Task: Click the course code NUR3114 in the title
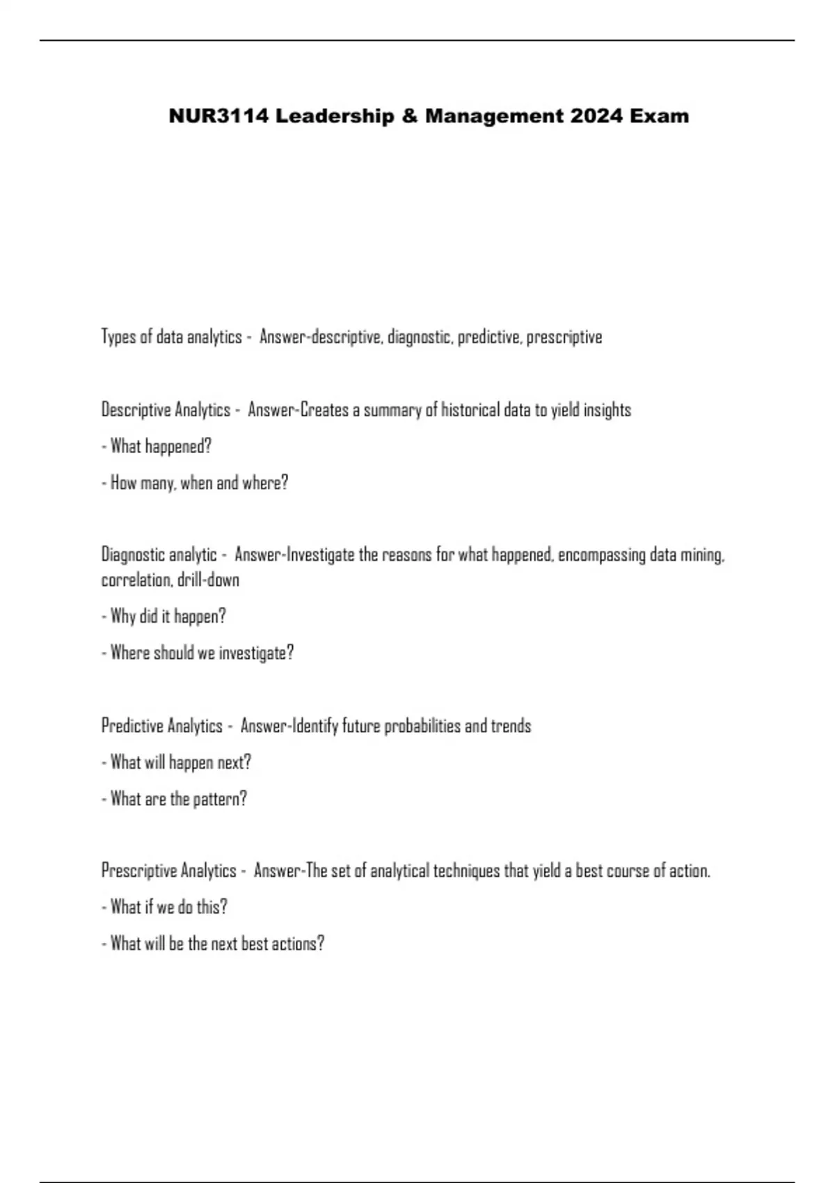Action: tap(218, 116)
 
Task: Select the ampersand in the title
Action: tap(407, 116)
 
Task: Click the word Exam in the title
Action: tap(660, 116)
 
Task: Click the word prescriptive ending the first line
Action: tap(564, 338)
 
